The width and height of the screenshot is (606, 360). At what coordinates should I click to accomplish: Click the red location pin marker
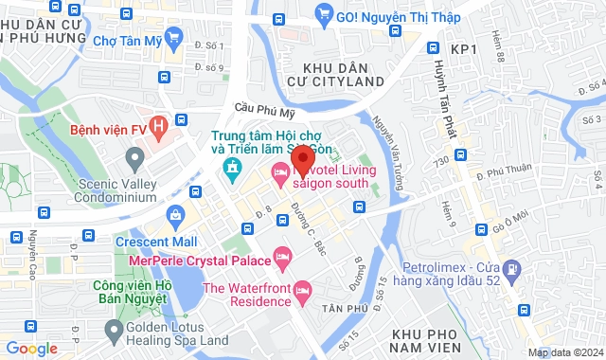(x=302, y=158)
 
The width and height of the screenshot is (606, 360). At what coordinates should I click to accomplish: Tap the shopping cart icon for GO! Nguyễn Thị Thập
(x=325, y=14)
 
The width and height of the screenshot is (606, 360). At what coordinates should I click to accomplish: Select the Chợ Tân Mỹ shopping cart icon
(x=172, y=39)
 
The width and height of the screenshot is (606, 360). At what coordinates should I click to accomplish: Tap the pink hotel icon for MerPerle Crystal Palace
(x=281, y=256)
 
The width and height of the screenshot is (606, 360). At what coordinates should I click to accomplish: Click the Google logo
(x=32, y=348)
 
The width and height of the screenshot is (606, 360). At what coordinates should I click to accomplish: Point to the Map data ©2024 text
(x=564, y=352)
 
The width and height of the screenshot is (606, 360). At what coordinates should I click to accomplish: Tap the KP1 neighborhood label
(x=463, y=48)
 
